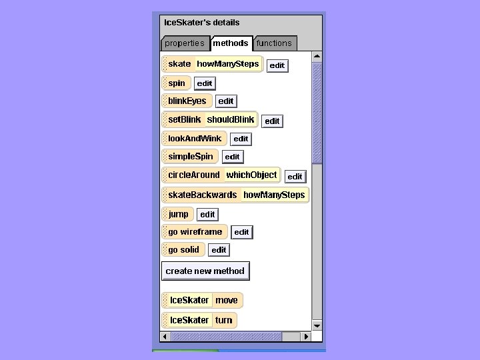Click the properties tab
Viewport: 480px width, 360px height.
[x=185, y=43]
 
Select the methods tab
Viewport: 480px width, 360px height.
[x=231, y=43]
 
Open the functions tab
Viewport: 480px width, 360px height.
[x=274, y=43]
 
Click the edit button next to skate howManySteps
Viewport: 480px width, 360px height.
[x=277, y=65]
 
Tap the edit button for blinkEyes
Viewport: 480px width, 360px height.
[x=226, y=101]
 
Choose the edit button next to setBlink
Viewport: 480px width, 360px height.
[x=272, y=121]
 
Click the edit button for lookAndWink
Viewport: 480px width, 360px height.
[x=241, y=139]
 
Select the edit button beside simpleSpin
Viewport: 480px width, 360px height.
[x=232, y=157]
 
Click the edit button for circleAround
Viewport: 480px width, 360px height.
[x=295, y=177]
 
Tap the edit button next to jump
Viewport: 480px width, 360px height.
[x=207, y=215]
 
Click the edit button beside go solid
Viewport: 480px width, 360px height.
[x=219, y=250]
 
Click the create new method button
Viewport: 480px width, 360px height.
[x=205, y=271]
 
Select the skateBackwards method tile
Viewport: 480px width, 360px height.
[x=203, y=195]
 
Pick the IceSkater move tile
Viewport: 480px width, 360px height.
[x=202, y=300]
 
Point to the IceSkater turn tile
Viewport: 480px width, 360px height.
[x=199, y=320]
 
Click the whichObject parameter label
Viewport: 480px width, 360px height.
[x=251, y=175]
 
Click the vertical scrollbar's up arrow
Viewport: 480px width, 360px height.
[x=317, y=57]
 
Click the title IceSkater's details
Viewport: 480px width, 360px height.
[x=202, y=23]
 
